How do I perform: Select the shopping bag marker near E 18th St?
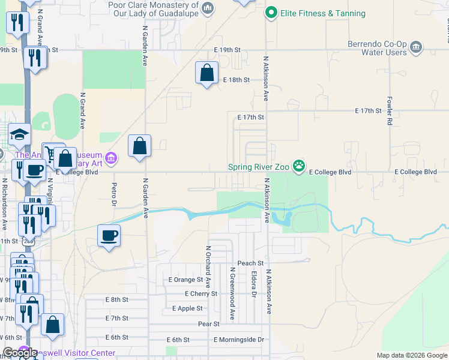tap(207, 74)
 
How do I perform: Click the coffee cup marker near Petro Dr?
tap(109, 236)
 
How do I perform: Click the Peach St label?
tap(250, 263)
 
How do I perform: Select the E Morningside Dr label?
tap(238, 340)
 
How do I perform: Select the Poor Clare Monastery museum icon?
tap(208, 8)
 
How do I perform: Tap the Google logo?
tap(19, 353)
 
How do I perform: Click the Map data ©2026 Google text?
tap(411, 355)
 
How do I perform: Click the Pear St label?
tap(209, 323)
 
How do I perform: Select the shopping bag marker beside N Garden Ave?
tap(139, 146)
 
